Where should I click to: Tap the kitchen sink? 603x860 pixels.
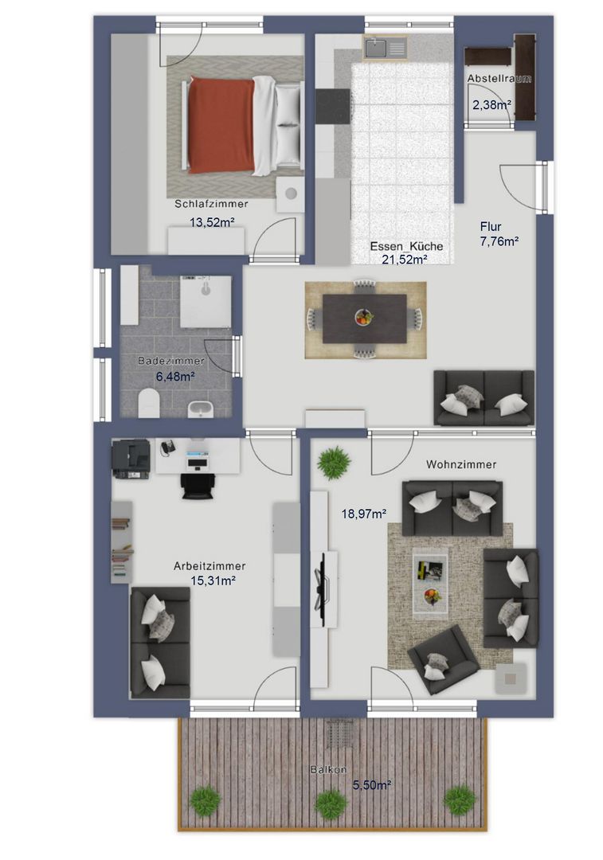(x=386, y=48)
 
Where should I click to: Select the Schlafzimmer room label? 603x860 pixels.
(x=211, y=204)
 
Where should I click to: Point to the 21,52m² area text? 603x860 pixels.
(x=405, y=260)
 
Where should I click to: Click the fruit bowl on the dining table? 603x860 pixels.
(x=364, y=317)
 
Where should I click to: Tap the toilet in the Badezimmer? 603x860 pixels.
(x=149, y=403)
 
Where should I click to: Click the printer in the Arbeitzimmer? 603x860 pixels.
(x=131, y=459)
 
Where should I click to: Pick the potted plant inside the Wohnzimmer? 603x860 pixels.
(x=334, y=462)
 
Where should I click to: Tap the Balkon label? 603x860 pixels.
(x=329, y=769)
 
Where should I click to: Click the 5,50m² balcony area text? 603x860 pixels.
(x=371, y=785)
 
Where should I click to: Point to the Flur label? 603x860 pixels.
(x=491, y=226)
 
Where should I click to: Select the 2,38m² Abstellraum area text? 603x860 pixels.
(x=491, y=104)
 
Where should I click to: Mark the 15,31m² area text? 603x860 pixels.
(x=213, y=580)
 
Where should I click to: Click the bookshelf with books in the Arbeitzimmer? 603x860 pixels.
(x=122, y=542)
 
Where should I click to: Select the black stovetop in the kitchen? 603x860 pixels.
(x=333, y=107)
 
